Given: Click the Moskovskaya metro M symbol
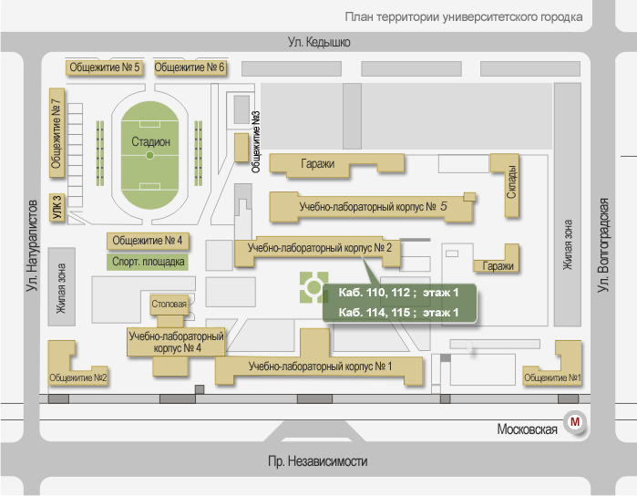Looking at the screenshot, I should [575, 422].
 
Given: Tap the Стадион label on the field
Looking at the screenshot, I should [150, 141].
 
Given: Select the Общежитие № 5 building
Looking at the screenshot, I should [105, 67].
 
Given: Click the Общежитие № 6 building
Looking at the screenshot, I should [190, 67].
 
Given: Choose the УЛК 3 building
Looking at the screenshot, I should [57, 209].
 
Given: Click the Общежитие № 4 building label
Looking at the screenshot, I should [147, 241].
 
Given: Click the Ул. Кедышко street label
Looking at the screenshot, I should [318, 42].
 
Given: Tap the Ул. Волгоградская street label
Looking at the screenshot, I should [602, 244].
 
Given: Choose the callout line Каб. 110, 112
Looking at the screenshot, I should [395, 293].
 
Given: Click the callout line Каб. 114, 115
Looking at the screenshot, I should [395, 313].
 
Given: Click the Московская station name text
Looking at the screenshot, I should [528, 429].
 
